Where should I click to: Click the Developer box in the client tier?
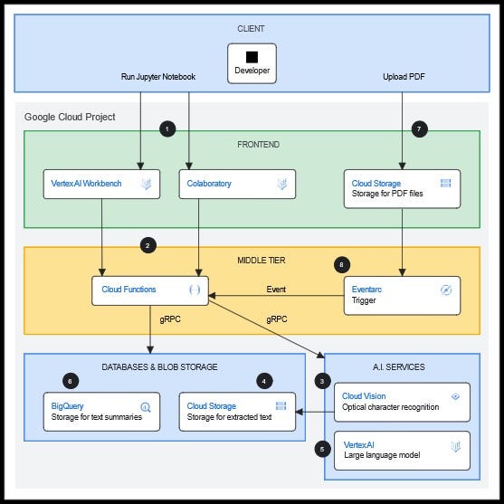[252, 63]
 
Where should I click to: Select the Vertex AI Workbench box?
[101, 185]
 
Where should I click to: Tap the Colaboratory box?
[237, 185]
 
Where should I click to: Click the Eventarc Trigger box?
[402, 295]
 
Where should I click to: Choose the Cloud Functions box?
[150, 290]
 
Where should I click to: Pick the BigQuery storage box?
[101, 412]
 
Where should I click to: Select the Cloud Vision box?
[402, 402]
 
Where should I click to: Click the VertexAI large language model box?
[402, 451]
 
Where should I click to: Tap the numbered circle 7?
[420, 128]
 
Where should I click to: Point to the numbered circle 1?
[167, 128]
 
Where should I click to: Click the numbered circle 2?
[148, 245]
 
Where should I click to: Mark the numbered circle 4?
[264, 381]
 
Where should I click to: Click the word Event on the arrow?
[276, 290]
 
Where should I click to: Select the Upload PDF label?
[404, 77]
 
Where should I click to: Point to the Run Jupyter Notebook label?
[158, 77]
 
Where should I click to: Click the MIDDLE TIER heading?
[262, 260]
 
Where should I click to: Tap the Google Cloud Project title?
[70, 117]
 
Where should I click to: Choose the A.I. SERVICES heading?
[399, 366]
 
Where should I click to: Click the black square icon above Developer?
[252, 57]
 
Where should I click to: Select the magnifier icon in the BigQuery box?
[146, 407]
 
